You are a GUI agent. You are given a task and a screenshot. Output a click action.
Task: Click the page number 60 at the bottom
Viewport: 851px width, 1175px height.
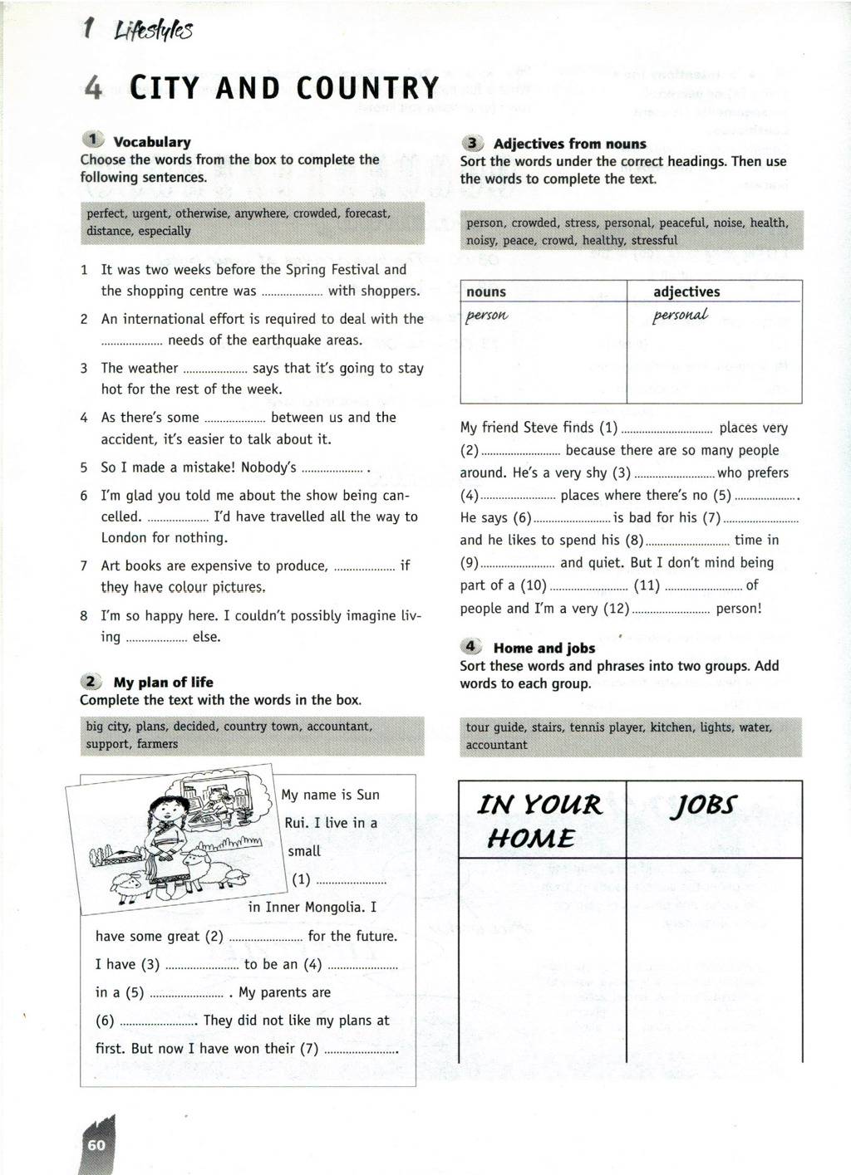(x=96, y=1145)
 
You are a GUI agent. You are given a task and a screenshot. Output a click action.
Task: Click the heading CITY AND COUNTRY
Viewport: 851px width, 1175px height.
(x=284, y=88)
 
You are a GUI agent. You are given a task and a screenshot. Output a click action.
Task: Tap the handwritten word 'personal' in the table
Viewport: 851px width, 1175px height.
(x=681, y=316)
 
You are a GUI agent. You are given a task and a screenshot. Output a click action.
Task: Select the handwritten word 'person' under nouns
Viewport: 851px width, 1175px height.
(x=487, y=316)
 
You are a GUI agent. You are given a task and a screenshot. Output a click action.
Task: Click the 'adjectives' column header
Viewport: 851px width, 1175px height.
(x=686, y=291)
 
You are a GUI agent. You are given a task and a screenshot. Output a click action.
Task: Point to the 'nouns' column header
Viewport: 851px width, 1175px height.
(x=486, y=291)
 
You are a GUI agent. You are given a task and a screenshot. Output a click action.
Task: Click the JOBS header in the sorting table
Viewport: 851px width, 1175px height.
(x=706, y=805)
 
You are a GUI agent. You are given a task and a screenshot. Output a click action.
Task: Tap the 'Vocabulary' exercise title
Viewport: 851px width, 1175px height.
(x=152, y=142)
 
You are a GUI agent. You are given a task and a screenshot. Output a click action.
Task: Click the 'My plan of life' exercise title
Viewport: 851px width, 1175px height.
(x=163, y=683)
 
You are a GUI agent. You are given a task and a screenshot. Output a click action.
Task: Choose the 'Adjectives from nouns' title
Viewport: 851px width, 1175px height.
(x=569, y=144)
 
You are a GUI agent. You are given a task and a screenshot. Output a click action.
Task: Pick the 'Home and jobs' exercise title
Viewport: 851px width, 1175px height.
(x=544, y=649)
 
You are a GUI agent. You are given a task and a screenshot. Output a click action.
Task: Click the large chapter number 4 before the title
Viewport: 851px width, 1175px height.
(x=93, y=88)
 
